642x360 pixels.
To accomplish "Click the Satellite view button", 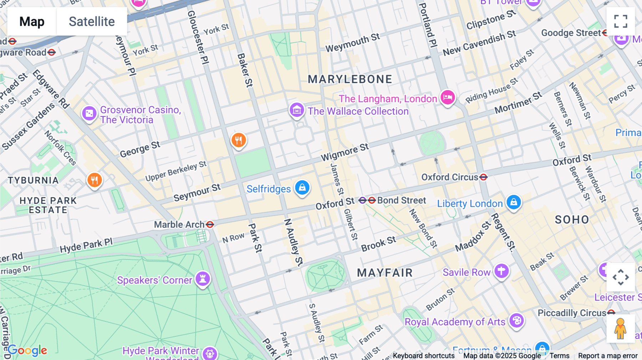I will point(92,21).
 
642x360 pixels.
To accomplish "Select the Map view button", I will point(32,21).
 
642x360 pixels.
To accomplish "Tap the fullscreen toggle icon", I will point(621,21).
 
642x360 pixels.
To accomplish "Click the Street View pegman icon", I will point(620,329).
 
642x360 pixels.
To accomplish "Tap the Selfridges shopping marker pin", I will point(302,187).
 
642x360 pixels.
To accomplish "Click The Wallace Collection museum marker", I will point(297,110).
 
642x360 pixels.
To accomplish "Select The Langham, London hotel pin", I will point(448,97).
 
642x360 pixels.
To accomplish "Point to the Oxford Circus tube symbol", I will point(483,177).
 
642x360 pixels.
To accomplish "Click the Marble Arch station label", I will point(179,225).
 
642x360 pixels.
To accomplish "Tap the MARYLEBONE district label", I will point(350,79).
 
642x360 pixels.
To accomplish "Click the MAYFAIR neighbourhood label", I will point(385,273).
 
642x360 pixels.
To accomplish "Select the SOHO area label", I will point(572,220).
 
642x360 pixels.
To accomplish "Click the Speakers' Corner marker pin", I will point(203,279).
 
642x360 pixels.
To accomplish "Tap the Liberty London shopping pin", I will point(514,202).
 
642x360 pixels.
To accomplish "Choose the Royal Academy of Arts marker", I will point(516,320).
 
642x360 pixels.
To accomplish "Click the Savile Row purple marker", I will point(501,271).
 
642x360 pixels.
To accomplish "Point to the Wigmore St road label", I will point(345,152).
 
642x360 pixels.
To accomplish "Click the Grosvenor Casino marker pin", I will point(89,114).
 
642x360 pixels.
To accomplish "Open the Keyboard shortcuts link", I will point(424,356).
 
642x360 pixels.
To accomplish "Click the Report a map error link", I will point(608,356).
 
